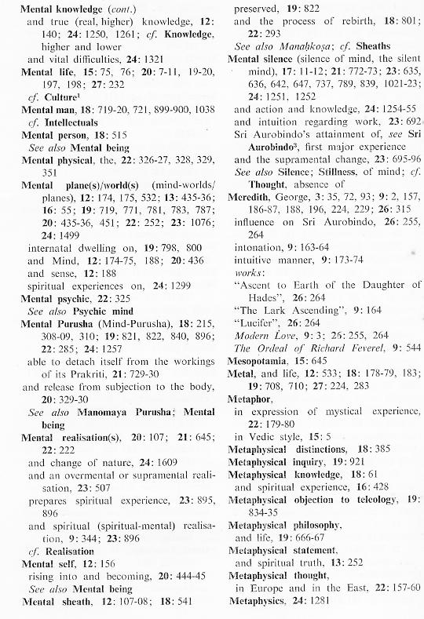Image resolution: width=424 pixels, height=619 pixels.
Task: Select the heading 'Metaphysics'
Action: (x=258, y=602)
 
